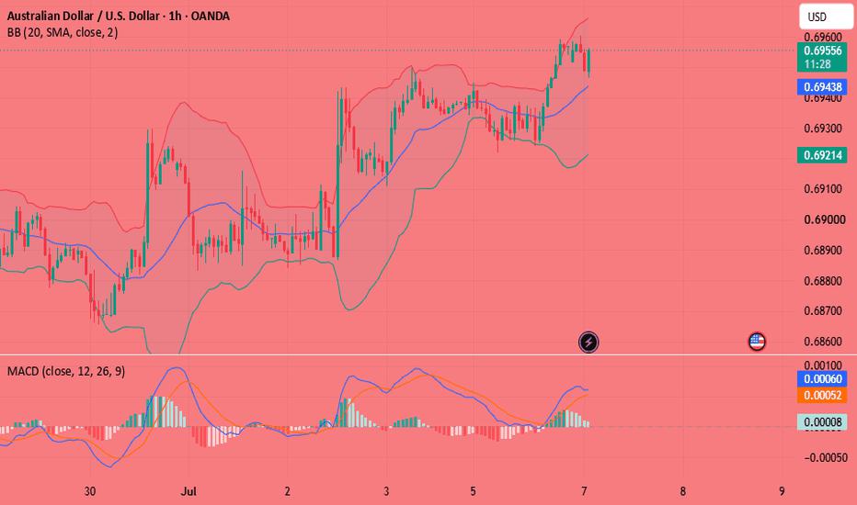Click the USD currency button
pyautogui.click(x=825, y=17)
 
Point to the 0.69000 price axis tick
pyautogui.click(x=825, y=219)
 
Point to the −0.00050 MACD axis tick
pyautogui.click(x=826, y=457)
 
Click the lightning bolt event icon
pyautogui.click(x=588, y=342)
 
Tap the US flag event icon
pyautogui.click(x=757, y=342)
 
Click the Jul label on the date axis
pyautogui.click(x=189, y=491)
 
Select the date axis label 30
pyautogui.click(x=90, y=491)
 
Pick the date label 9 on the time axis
pyautogui.click(x=782, y=491)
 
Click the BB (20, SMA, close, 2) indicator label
pyautogui.click(x=63, y=33)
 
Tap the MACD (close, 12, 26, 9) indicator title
pyautogui.click(x=66, y=372)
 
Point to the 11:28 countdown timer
pyautogui.click(x=817, y=64)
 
